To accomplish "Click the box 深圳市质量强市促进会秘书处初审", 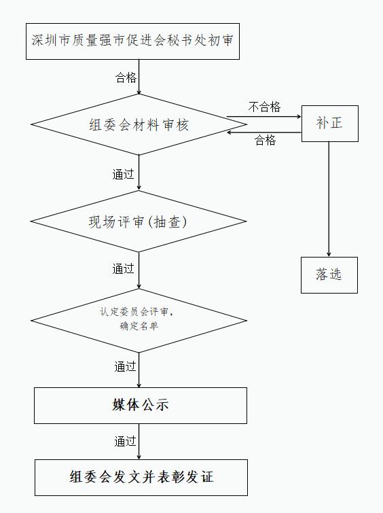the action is pos(132,41).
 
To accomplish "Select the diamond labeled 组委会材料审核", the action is pos(139,124).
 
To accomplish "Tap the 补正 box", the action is pos(329,124).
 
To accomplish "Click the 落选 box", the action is pos(329,275).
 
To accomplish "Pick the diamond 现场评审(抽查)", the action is pos(139,221).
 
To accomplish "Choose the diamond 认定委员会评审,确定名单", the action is pos(139,320).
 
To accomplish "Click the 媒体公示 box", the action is pos(141,406).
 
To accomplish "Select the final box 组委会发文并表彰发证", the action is pos(141,478).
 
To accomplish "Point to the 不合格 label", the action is pos(265,107).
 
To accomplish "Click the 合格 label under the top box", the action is pos(126,77).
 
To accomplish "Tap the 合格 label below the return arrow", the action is pos(265,140).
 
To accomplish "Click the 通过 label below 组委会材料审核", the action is pos(124,174).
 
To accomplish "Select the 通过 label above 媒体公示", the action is pos(125,366).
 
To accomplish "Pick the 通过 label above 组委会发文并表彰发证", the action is pos(125,441).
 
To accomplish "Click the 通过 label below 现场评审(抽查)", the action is pos(124,268).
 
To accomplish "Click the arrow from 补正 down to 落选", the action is pos(329,199).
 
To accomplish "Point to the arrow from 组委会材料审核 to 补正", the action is pos(263,116).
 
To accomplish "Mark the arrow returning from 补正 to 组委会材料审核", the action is pos(263,132).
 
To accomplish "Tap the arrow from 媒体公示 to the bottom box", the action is pos(139,442).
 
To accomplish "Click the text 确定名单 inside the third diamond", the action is pos(139,326).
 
